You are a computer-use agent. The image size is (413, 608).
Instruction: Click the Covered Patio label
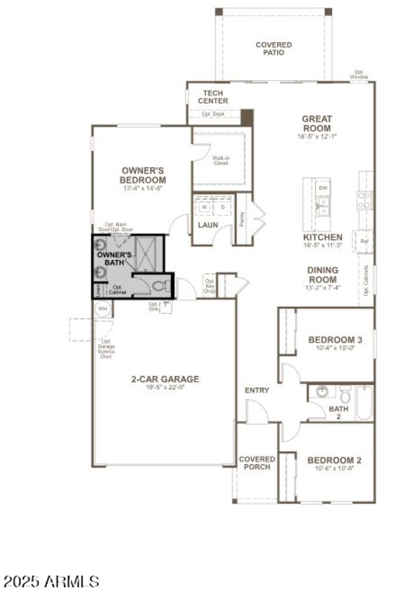point(274,49)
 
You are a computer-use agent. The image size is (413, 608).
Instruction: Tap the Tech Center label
point(212,97)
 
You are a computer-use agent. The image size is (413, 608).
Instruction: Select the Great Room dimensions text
point(316,137)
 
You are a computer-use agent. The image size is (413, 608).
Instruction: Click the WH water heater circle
point(103,309)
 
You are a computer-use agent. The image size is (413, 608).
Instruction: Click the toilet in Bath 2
point(346,395)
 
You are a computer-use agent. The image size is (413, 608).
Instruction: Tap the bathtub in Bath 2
point(364,403)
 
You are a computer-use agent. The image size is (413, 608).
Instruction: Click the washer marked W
point(204,207)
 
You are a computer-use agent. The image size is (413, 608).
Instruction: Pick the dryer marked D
point(223,207)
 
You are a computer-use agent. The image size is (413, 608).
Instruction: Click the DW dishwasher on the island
point(323,188)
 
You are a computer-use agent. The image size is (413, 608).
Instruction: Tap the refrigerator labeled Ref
point(364,241)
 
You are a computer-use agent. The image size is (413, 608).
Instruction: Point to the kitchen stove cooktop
point(364,200)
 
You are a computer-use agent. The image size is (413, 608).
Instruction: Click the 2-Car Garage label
point(165,379)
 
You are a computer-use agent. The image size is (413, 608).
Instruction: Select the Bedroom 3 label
point(335,340)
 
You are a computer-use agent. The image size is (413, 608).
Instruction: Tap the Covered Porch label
point(257,463)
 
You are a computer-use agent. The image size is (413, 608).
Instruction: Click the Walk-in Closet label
point(220,161)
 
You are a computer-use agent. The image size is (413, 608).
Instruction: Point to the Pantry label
point(243,218)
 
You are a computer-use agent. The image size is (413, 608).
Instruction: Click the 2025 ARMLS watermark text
point(51,582)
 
